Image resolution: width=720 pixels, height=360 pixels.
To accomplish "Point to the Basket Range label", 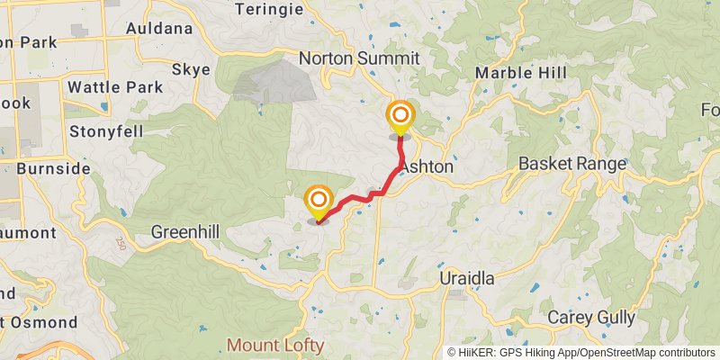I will pos(572,164).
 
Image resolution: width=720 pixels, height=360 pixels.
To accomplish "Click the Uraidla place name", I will pos(467,278).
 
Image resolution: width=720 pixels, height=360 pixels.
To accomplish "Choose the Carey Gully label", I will pos(592,317).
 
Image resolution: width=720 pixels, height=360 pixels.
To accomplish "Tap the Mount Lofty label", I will pos(275,345).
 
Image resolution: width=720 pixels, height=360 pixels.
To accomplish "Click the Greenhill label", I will pos(184,231).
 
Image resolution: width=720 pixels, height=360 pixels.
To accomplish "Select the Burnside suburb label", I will pos(52,168).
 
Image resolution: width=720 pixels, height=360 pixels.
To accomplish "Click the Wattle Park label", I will pos(116,87).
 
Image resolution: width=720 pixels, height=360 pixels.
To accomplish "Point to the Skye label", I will pos(191,69).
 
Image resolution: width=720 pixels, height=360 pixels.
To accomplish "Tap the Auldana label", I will pos(159,28).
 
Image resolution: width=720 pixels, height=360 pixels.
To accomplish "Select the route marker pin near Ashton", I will pos(400,118).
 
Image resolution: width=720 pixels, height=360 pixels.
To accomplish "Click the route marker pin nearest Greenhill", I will pos(319,202).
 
